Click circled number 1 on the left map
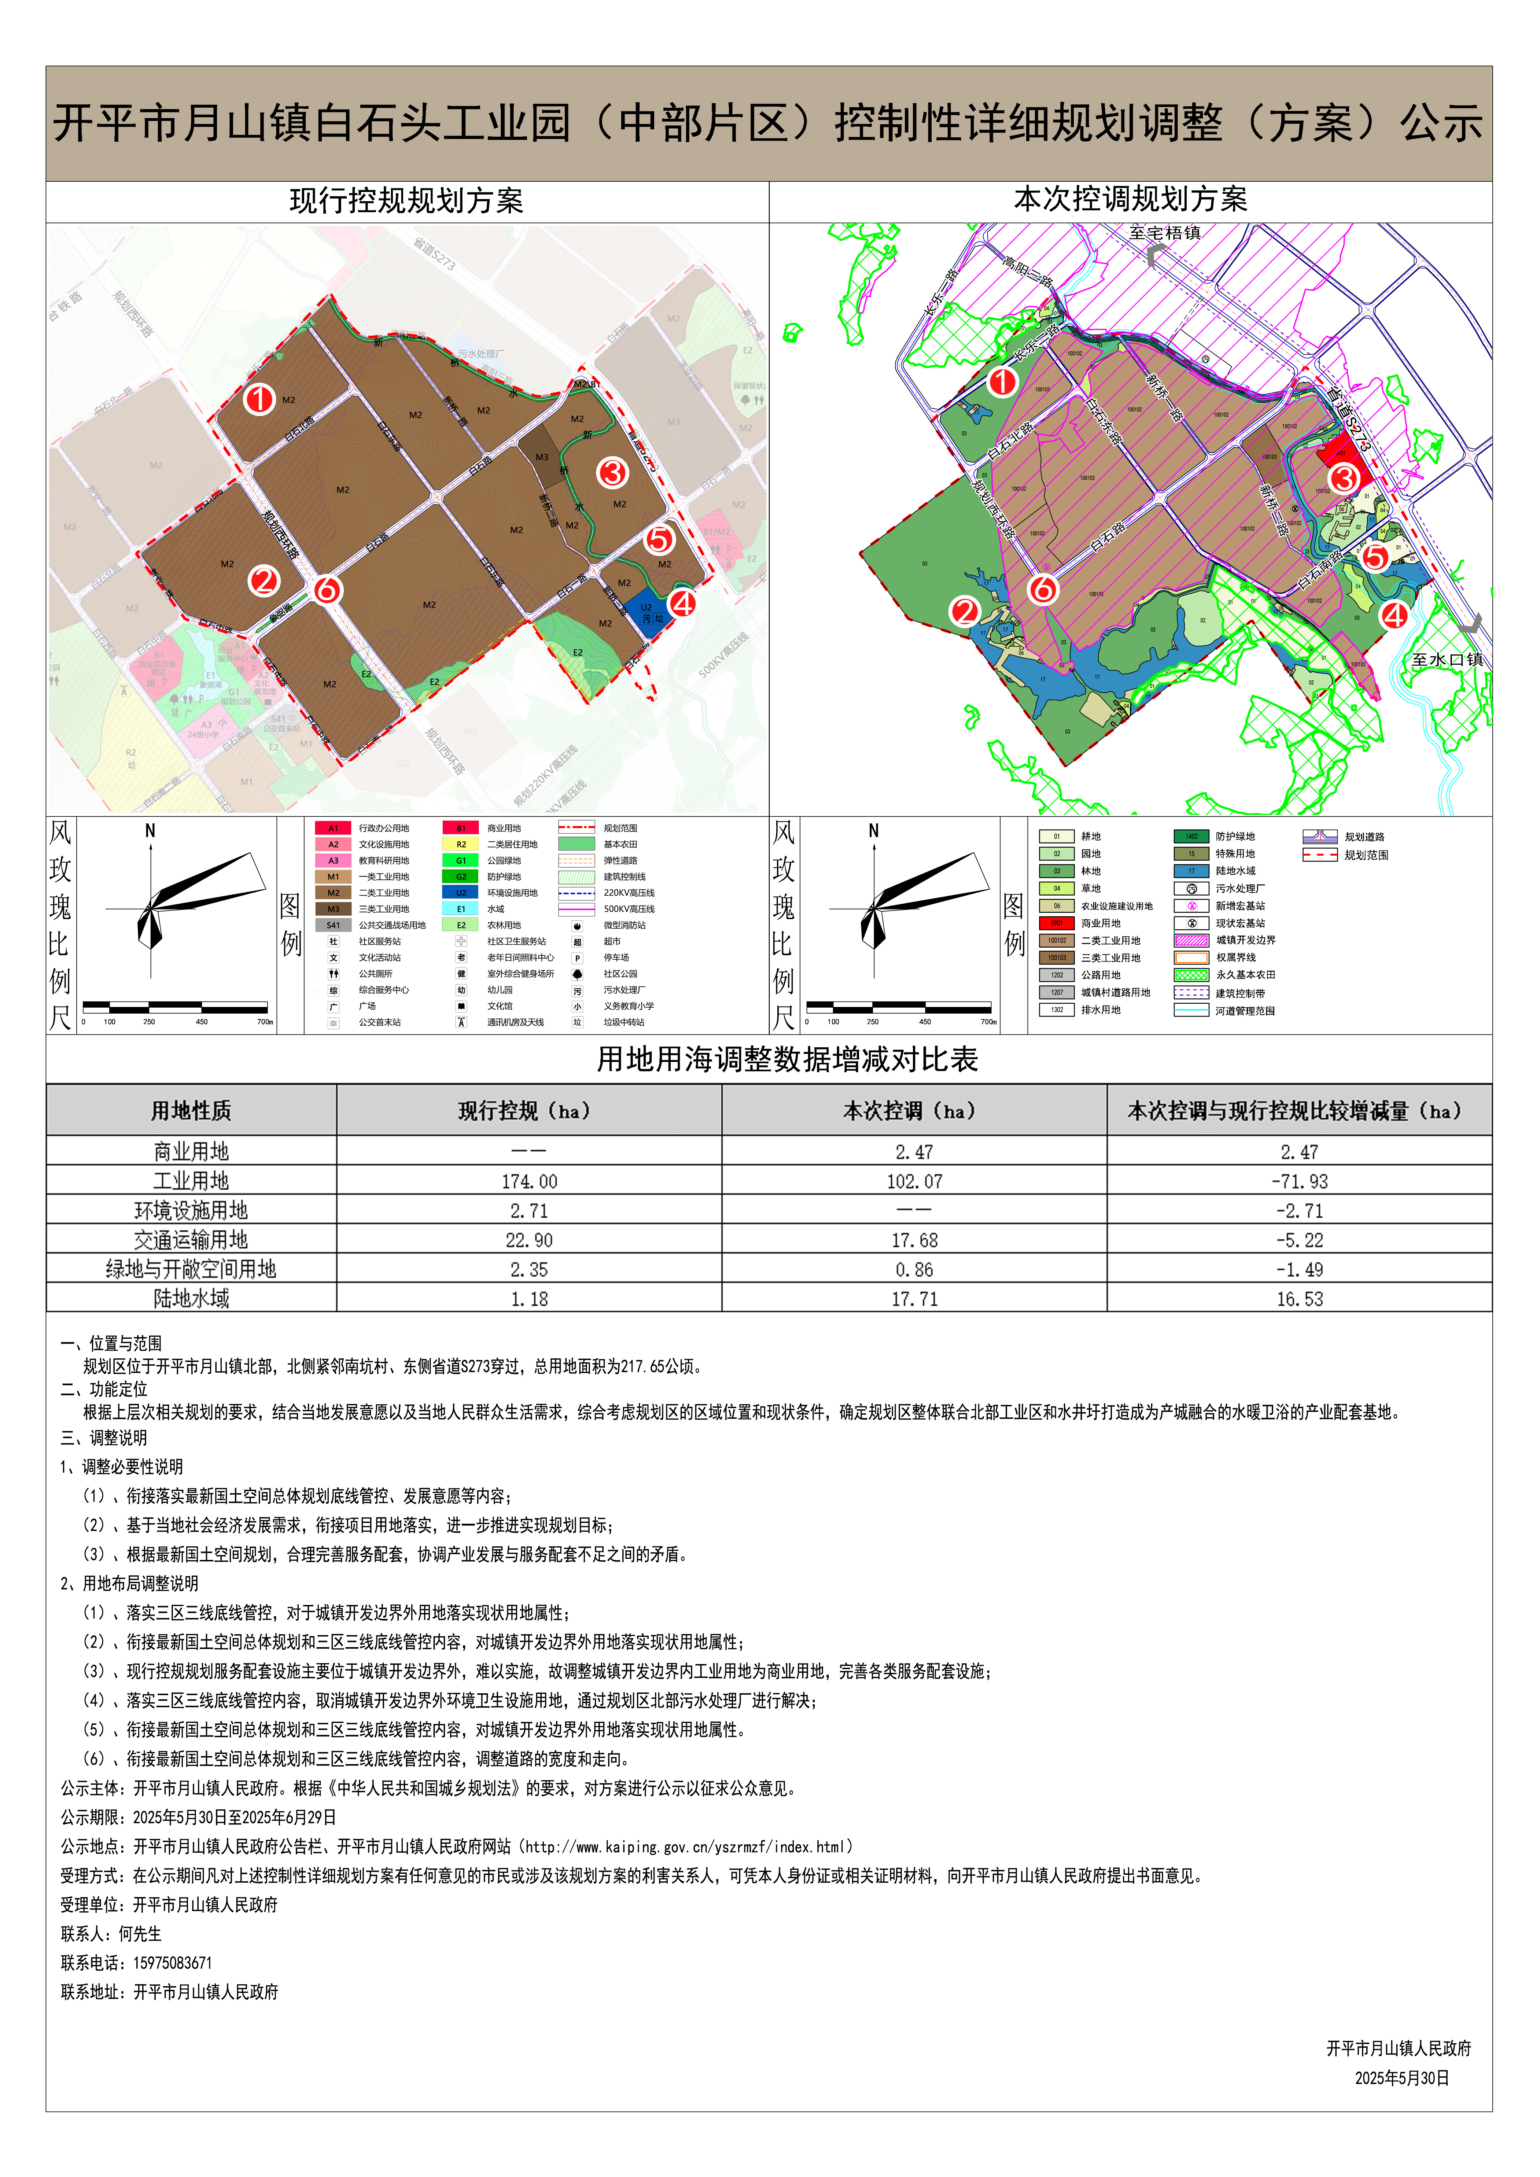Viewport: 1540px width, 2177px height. [259, 399]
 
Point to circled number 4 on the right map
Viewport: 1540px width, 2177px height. [1393, 615]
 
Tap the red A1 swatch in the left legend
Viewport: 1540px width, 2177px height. [333, 828]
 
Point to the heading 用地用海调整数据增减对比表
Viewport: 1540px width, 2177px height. [787, 1059]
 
